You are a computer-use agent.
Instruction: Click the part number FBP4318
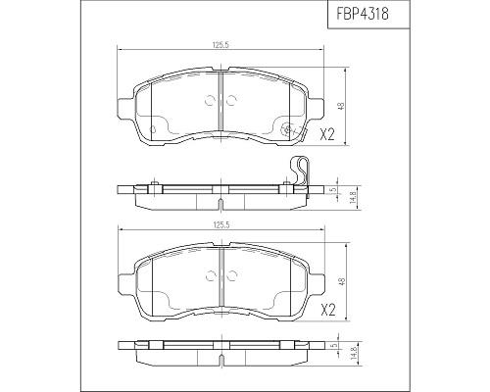[x=362, y=15]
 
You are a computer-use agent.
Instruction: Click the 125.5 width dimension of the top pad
[x=220, y=45]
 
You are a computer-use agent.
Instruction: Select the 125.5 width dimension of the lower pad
[x=221, y=224]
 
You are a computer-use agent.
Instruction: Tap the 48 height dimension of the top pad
[x=341, y=106]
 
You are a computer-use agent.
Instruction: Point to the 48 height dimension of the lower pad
[x=341, y=282]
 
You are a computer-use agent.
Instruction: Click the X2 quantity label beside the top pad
[x=327, y=134]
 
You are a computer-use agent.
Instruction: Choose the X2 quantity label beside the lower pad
[x=327, y=310]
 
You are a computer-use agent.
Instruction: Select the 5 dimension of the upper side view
[x=333, y=190]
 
